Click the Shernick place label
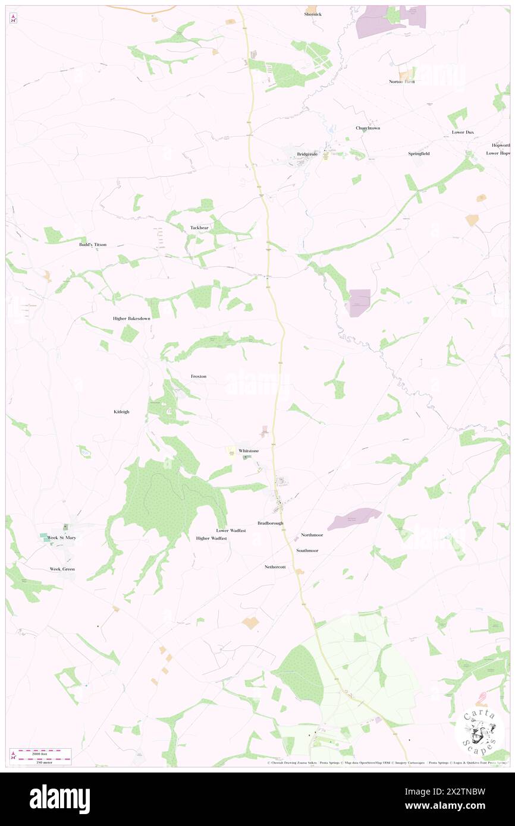point(313,14)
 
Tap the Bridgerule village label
point(307,155)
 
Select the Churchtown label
point(368,128)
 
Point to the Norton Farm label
point(401,81)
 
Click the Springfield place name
point(419,154)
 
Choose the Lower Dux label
point(462,132)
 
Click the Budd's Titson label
point(93,244)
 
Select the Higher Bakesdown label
point(131,319)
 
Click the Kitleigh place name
point(121,412)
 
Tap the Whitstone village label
point(249,451)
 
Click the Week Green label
point(62,569)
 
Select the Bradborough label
point(271,523)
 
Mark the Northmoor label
point(312,535)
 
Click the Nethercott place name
point(275,567)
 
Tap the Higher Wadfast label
point(211,538)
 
